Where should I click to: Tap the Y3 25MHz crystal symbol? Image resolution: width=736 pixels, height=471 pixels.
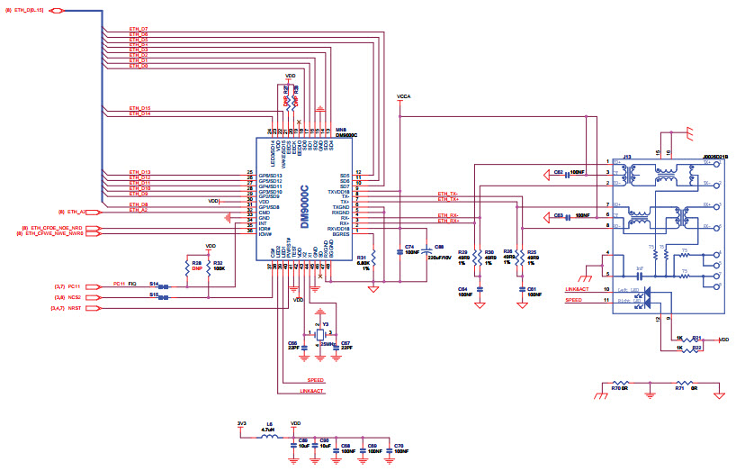319,335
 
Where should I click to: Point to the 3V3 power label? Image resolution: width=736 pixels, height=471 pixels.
240,423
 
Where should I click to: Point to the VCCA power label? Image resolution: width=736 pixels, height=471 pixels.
403,95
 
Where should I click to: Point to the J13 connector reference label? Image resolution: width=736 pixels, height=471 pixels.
627,156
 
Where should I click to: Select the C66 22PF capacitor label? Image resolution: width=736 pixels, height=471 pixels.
292,346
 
